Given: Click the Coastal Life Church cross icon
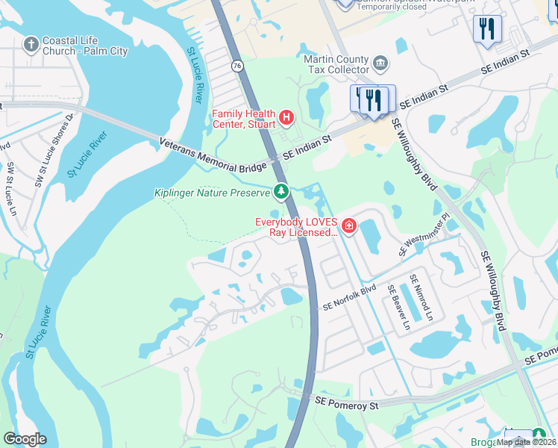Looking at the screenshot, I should pyautogui.click(x=31, y=45).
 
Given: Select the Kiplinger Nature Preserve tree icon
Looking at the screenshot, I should pyautogui.click(x=280, y=193).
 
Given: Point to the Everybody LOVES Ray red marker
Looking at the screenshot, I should pyautogui.click(x=348, y=225).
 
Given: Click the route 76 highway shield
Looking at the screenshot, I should pyautogui.click(x=236, y=66).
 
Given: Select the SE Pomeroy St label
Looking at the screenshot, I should pyautogui.click(x=347, y=405).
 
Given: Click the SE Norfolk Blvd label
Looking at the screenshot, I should pyautogui.click(x=348, y=298).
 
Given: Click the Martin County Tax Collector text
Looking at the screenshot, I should pyautogui.click(x=336, y=64).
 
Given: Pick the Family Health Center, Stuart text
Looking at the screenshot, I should pyautogui.click(x=244, y=119).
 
